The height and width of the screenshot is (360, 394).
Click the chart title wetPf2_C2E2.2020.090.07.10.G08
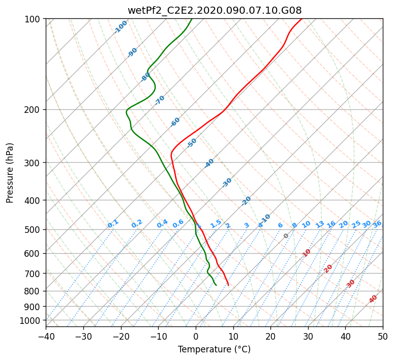coord(215,11)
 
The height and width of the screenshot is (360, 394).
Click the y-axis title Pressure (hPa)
coord(9,173)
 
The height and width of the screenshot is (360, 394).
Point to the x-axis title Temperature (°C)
coord(215,349)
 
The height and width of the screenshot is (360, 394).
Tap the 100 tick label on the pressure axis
coord(32,19)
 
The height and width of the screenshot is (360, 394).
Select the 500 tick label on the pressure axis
coord(32,230)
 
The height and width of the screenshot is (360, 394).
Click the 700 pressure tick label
coord(32,274)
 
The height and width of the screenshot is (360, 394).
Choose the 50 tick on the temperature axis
coord(383,336)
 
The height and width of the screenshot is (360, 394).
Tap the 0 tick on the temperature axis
coord(196,336)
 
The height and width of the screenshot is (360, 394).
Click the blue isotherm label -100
coord(120,27)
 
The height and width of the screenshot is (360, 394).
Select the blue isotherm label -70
coord(160,100)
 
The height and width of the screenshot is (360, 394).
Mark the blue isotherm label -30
coord(227,183)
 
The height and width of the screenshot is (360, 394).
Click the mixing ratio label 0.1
coord(113,224)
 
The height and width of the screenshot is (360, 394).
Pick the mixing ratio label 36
coord(377,224)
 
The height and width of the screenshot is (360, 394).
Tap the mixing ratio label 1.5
coord(216,224)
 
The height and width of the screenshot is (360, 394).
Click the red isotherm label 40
coord(373,299)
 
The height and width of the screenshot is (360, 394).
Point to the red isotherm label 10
coord(307,253)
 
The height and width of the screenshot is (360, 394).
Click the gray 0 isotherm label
coord(286,235)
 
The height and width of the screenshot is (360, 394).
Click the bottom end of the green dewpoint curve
coord(217,285)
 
